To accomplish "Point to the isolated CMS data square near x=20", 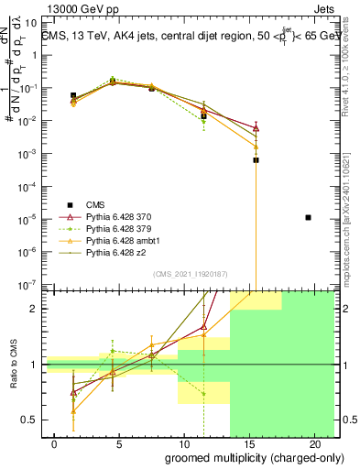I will click(x=308, y=217).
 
